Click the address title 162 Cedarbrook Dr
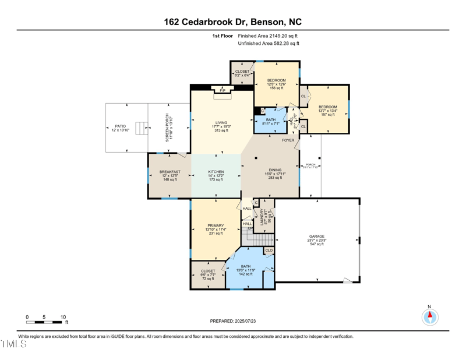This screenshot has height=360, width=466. [x=233, y=22]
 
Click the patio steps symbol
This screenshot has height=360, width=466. [x=139, y=128]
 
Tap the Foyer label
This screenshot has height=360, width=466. [x=288, y=140]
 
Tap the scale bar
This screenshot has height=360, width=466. [x=45, y=321]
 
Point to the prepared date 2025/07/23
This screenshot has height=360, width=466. [x=233, y=321]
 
